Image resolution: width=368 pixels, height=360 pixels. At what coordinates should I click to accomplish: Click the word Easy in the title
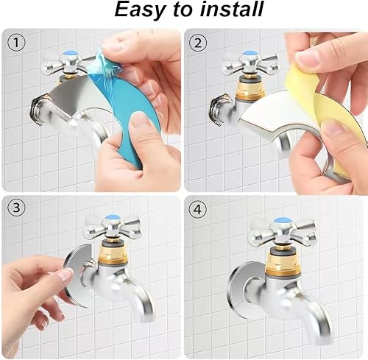coord(140,10)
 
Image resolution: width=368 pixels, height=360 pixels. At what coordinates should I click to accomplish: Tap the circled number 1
coord(16,43)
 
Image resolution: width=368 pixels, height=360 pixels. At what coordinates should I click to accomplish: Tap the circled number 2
coord(198,43)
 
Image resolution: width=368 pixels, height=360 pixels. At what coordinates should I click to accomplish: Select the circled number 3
coord(16,208)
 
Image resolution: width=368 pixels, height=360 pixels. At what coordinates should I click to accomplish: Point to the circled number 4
coord(198,210)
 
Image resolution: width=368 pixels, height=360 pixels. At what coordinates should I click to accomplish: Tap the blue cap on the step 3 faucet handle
coord(113,218)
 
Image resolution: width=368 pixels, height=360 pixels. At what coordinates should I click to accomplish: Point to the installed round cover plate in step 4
coord(238,289)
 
